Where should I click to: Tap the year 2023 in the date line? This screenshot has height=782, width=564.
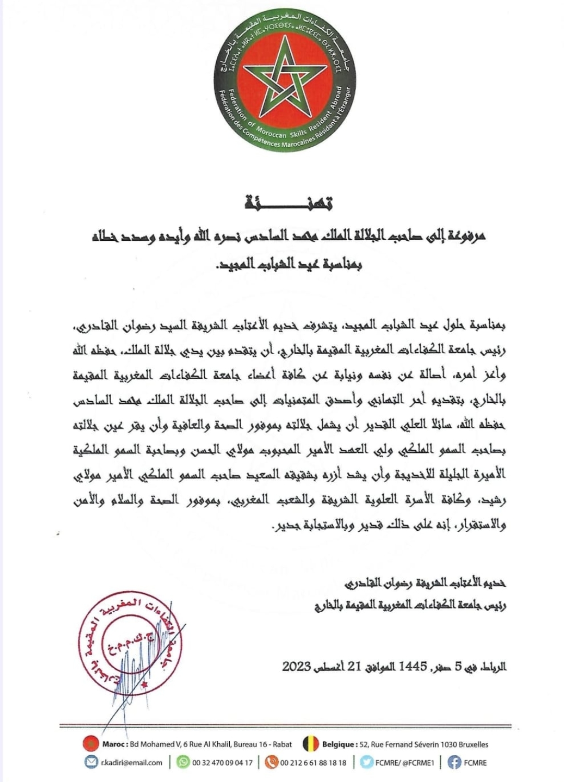297,667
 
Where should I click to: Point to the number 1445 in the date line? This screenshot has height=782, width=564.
413,667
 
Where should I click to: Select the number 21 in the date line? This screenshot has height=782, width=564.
355,667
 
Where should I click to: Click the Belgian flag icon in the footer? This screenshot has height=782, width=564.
311,743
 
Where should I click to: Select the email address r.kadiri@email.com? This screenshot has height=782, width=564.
132,763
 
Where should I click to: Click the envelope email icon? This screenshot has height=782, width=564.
91,762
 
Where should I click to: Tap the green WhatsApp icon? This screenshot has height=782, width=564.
183,762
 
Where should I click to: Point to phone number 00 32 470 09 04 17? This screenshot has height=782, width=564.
222,763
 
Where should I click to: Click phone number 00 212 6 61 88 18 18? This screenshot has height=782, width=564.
313,763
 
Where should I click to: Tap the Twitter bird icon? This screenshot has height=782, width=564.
367,762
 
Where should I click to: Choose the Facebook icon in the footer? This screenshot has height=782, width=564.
454,762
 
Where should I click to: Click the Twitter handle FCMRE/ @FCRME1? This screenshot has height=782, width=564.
405,763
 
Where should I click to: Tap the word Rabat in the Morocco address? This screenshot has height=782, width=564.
282,744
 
